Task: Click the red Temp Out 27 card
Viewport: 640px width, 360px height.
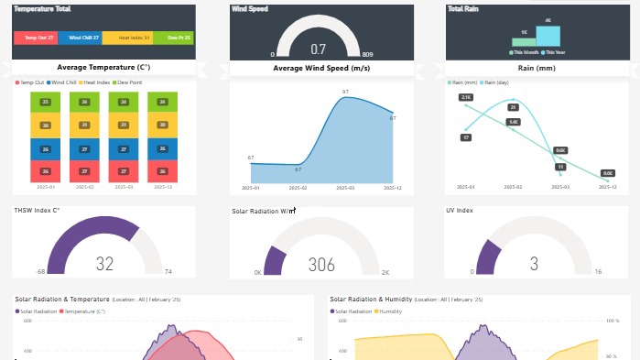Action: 36,38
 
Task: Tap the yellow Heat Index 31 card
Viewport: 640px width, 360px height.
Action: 126,38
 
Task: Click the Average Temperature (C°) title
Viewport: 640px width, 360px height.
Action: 103,68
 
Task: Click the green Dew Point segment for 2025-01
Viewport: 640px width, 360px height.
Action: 45,102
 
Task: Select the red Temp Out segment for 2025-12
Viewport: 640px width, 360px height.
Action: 163,170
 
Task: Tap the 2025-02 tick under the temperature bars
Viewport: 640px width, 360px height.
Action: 85,187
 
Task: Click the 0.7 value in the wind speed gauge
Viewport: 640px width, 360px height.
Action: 319,49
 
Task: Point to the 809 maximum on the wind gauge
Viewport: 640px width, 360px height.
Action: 367,55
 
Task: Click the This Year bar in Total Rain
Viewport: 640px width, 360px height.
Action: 548,35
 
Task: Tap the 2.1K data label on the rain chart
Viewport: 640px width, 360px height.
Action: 466,97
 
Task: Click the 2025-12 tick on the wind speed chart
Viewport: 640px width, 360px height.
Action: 392,187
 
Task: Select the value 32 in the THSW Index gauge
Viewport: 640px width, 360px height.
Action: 104,264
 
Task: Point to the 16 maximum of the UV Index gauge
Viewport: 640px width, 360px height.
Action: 597,272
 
